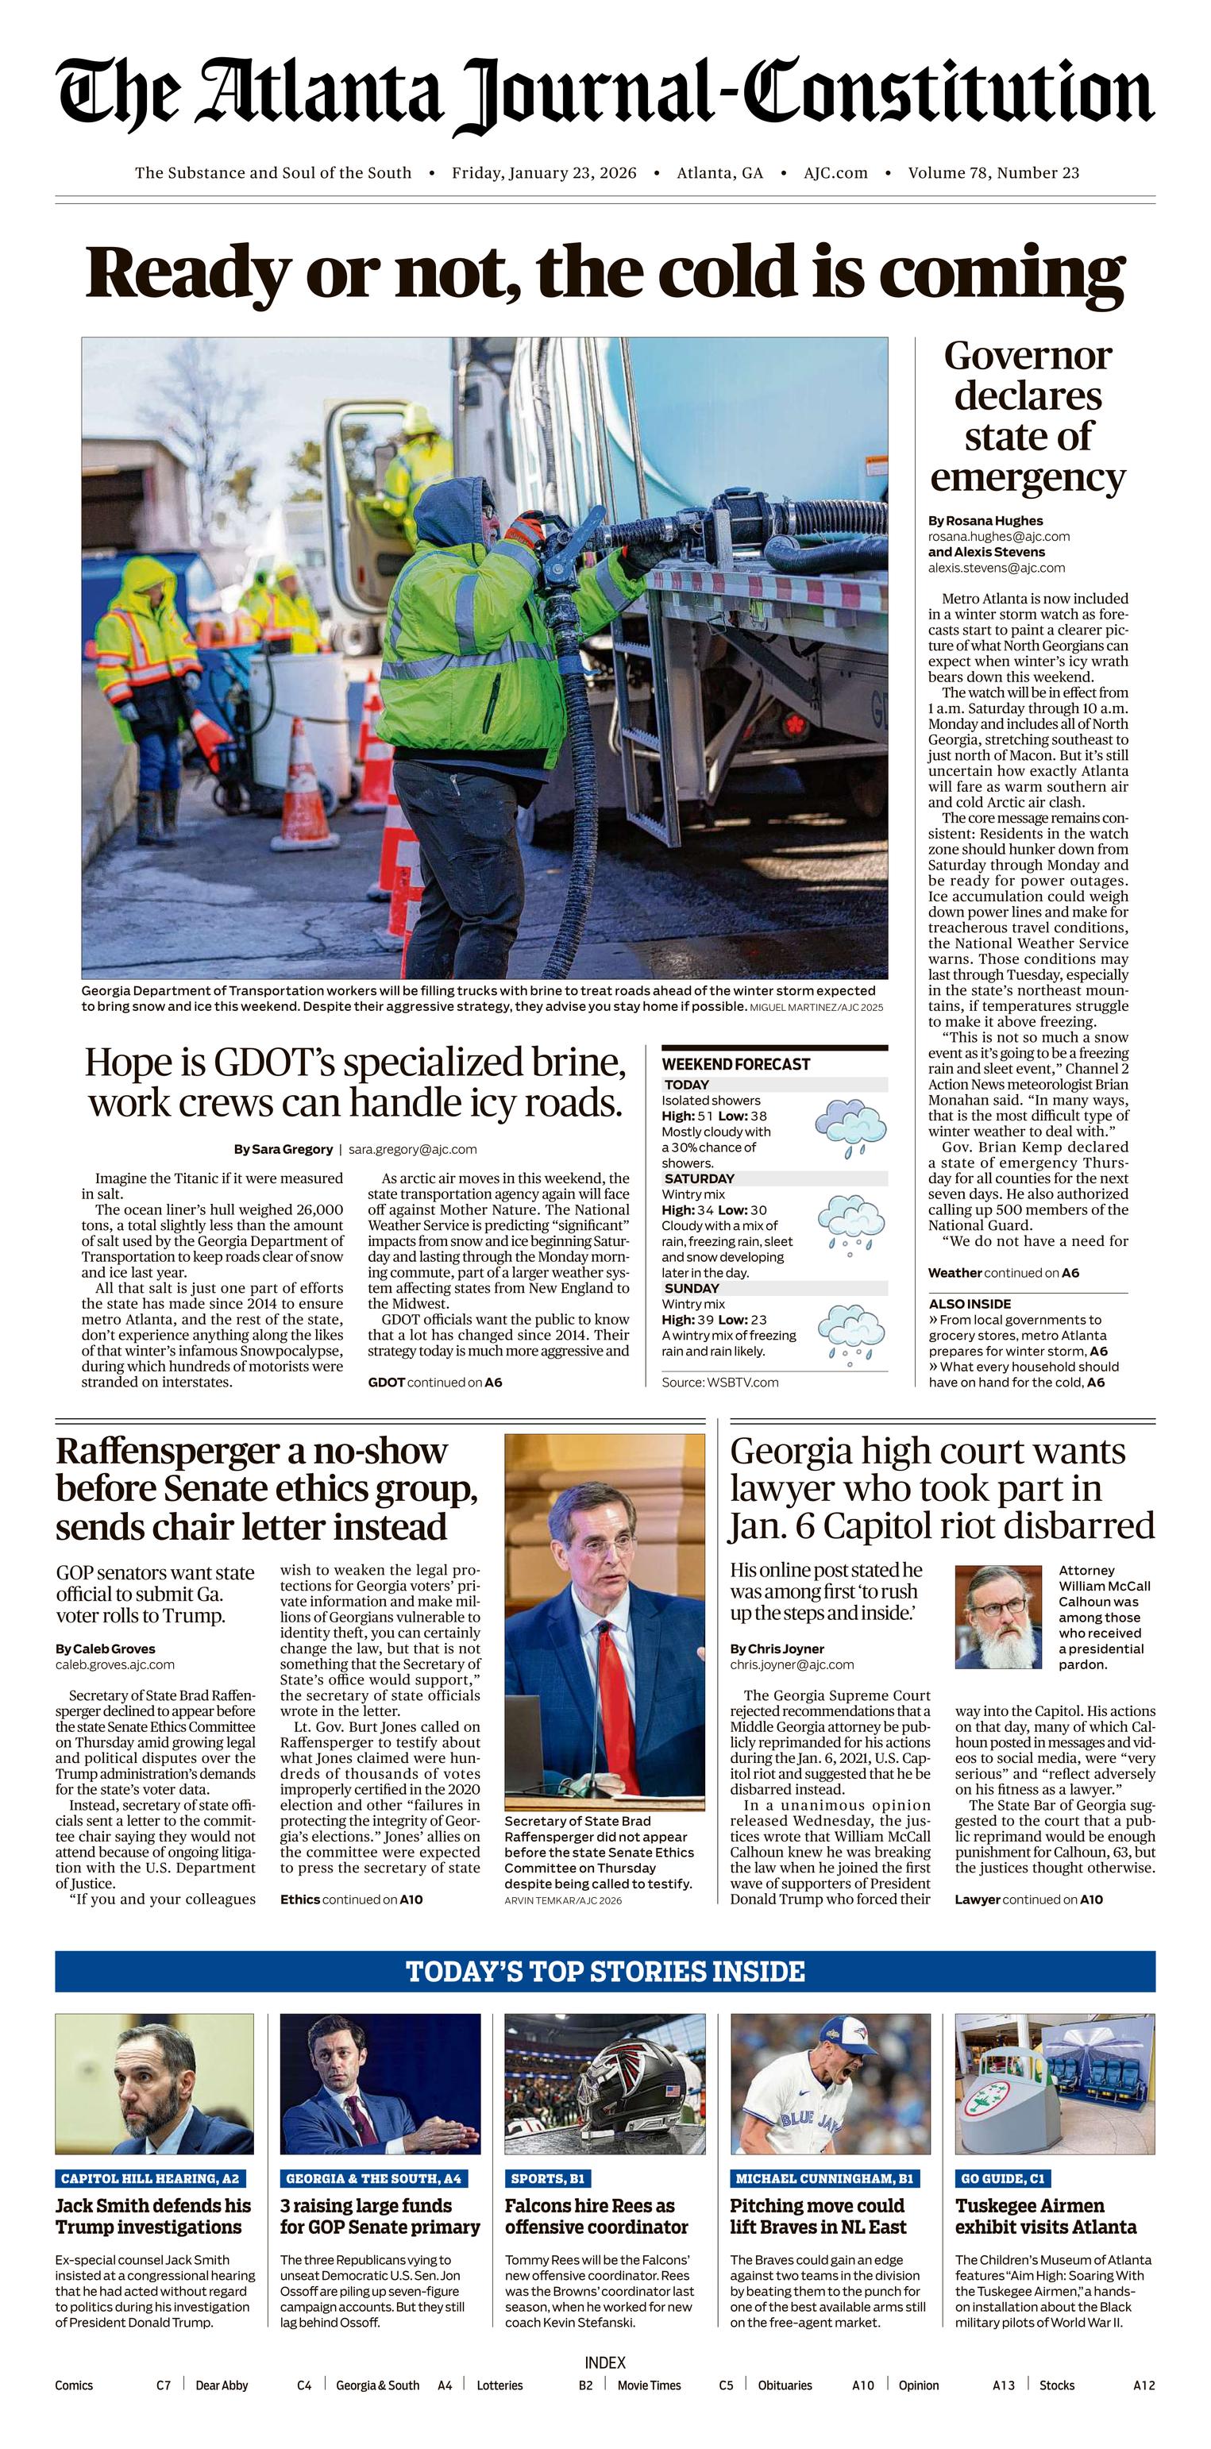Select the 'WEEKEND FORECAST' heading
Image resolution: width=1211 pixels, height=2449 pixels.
[735, 1064]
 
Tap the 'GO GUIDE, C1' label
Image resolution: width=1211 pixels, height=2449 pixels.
[1003, 2178]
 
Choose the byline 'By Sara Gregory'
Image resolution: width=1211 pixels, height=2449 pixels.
[283, 1148]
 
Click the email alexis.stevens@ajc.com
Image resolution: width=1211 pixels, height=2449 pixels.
[996, 568]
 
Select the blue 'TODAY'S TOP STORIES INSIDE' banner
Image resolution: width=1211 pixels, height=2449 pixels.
[604, 1971]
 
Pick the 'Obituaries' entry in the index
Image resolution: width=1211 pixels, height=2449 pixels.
[785, 2385]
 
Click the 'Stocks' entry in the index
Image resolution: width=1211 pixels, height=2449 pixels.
[1057, 2385]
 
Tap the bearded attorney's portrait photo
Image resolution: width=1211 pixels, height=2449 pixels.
[998, 1616]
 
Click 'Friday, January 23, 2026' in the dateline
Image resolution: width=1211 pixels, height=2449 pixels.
[544, 173]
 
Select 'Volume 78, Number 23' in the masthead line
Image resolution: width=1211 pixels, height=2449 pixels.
[993, 173]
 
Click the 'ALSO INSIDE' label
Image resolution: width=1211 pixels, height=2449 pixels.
[970, 1303]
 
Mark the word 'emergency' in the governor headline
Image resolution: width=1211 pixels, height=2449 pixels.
[1028, 476]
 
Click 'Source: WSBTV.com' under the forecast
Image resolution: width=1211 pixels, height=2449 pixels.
[719, 1383]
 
